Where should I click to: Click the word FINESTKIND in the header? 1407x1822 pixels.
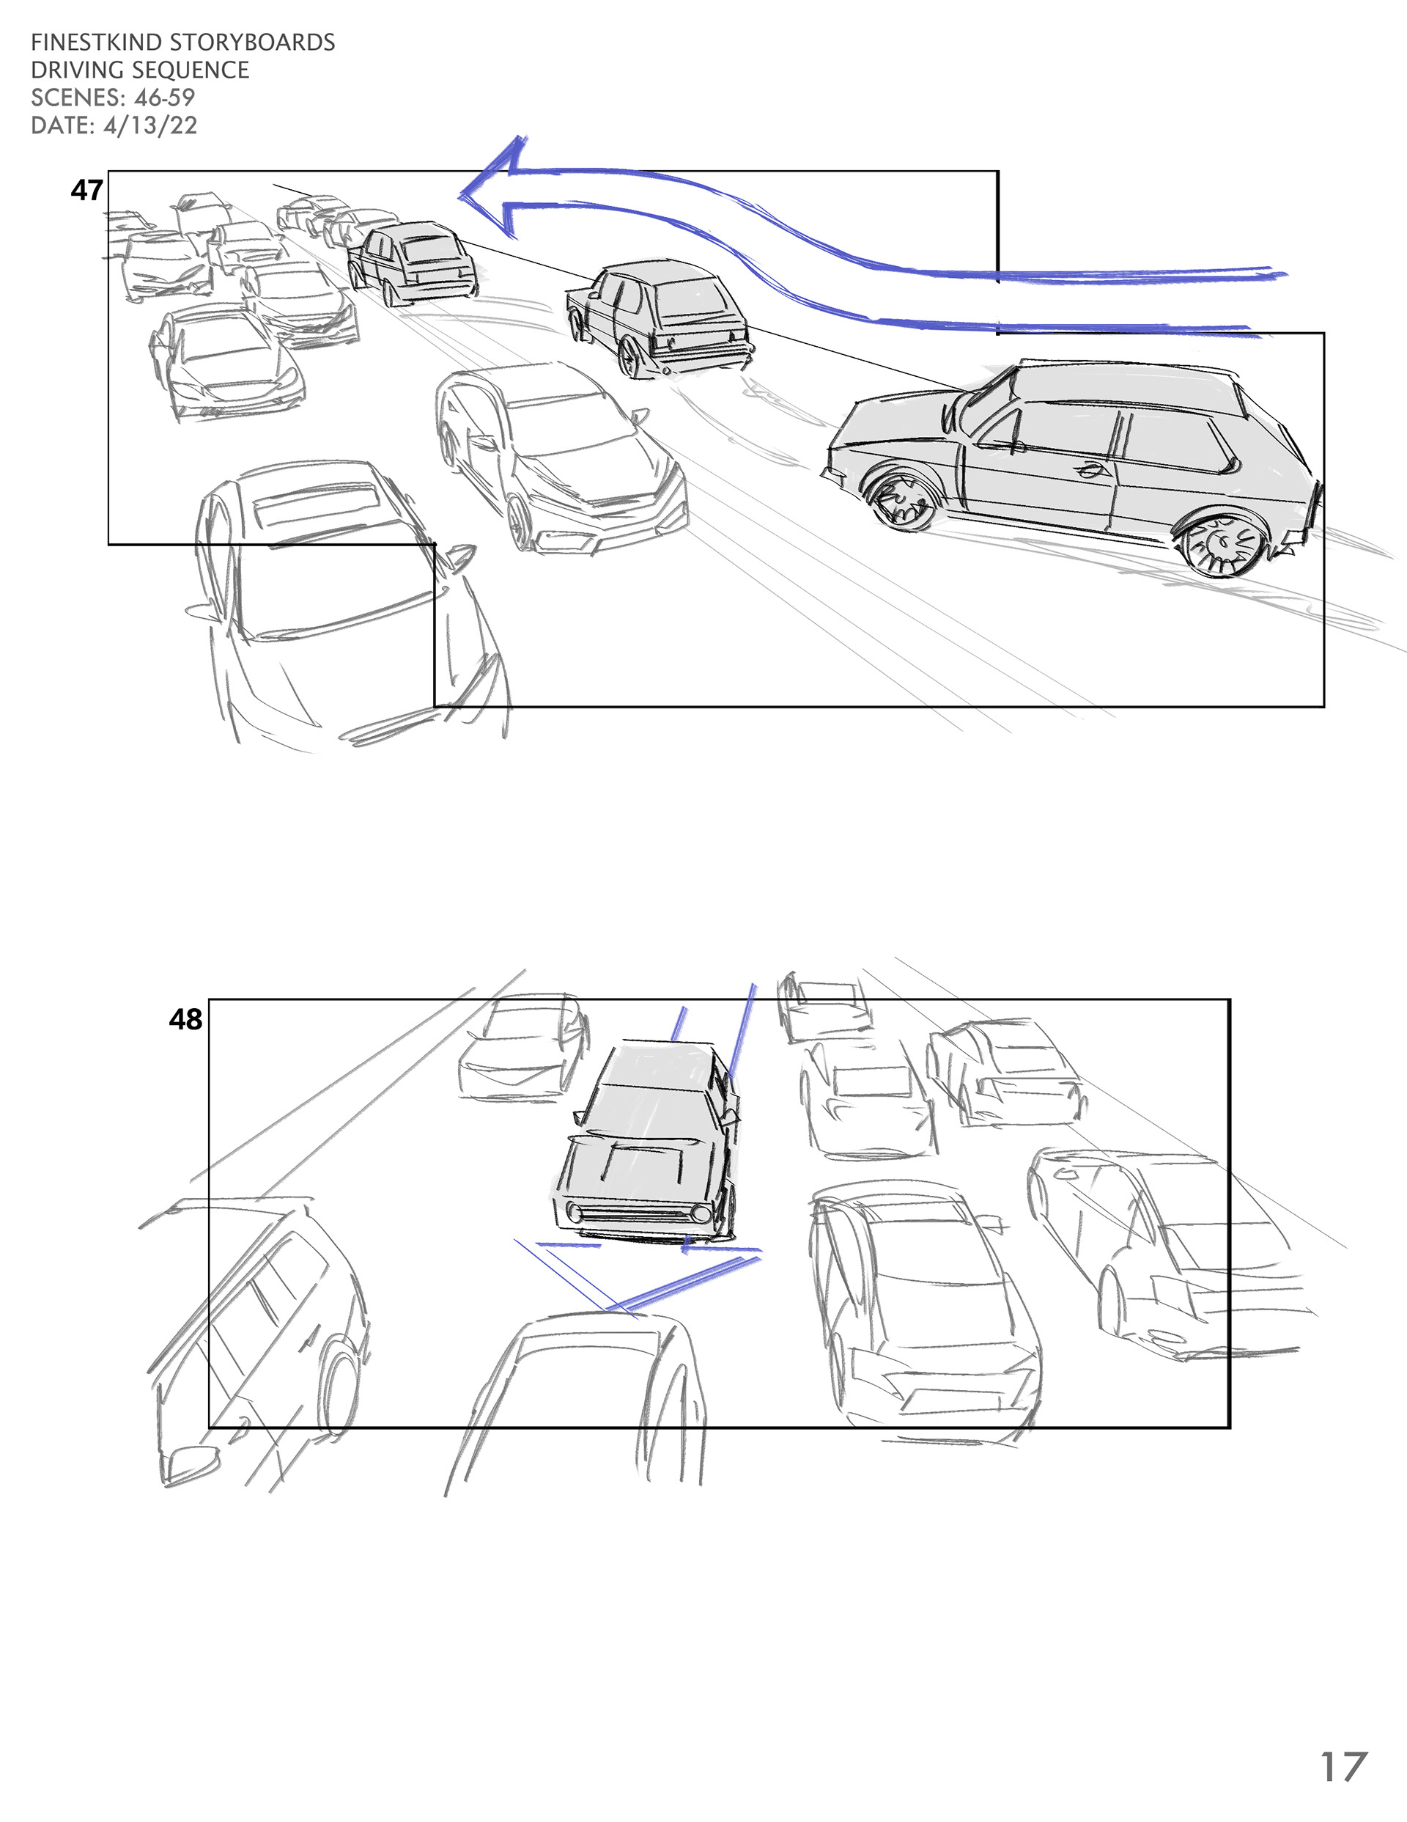(x=96, y=43)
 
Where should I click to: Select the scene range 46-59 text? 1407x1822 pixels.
(x=164, y=98)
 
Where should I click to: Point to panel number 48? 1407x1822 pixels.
(x=185, y=1018)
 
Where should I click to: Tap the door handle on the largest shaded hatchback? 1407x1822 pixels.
(x=1088, y=471)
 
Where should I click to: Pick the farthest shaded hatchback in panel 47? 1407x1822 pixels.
(x=411, y=261)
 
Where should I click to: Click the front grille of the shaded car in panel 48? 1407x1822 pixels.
(x=640, y=1212)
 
